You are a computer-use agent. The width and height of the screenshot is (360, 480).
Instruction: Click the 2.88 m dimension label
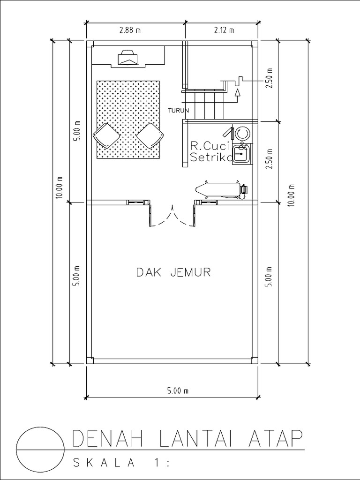click(130, 31)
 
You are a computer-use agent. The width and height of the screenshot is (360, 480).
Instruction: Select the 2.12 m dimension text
click(224, 31)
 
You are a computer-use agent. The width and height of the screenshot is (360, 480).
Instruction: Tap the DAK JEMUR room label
click(173, 272)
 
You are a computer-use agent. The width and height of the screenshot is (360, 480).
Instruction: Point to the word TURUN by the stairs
click(178, 111)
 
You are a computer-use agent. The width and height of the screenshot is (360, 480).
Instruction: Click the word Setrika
click(211, 158)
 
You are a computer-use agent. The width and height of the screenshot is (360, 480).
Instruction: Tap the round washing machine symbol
click(242, 133)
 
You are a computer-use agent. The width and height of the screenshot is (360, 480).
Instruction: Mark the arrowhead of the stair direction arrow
click(238, 92)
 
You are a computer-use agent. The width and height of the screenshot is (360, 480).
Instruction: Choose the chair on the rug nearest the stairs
click(150, 135)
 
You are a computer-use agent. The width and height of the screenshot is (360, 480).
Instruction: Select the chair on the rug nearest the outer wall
click(106, 135)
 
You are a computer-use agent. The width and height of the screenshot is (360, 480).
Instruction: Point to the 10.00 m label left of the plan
click(59, 187)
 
